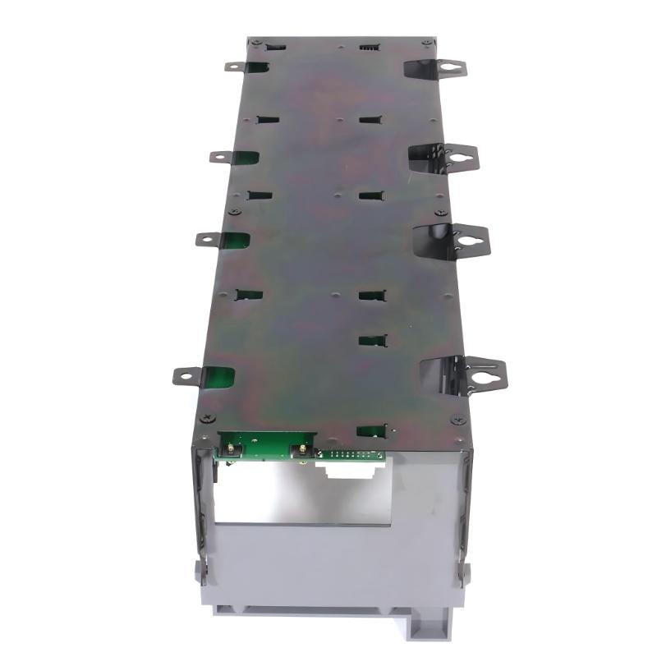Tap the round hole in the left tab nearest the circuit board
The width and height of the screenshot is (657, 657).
coord(186,377)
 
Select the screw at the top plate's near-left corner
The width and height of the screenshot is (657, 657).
coord(206,418)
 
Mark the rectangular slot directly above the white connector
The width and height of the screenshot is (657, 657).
coord(372,430)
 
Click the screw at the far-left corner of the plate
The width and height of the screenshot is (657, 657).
coord(258,42)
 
